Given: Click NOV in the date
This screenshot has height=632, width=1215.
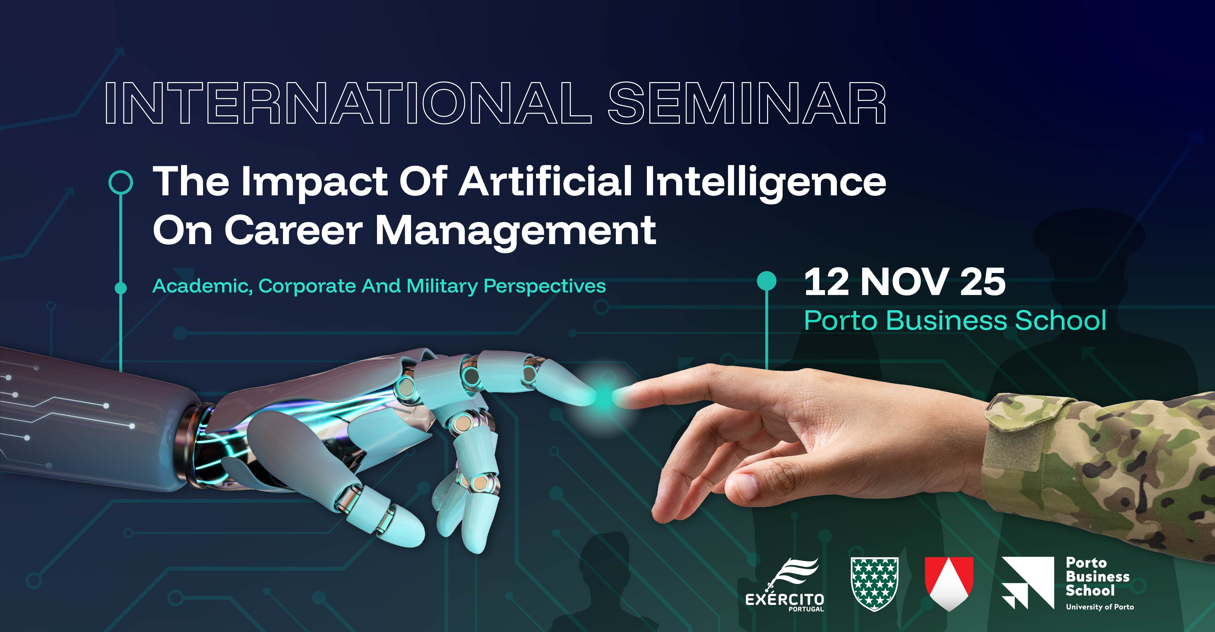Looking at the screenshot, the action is click(904, 282).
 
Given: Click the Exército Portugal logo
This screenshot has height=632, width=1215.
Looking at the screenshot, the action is click(784, 584).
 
